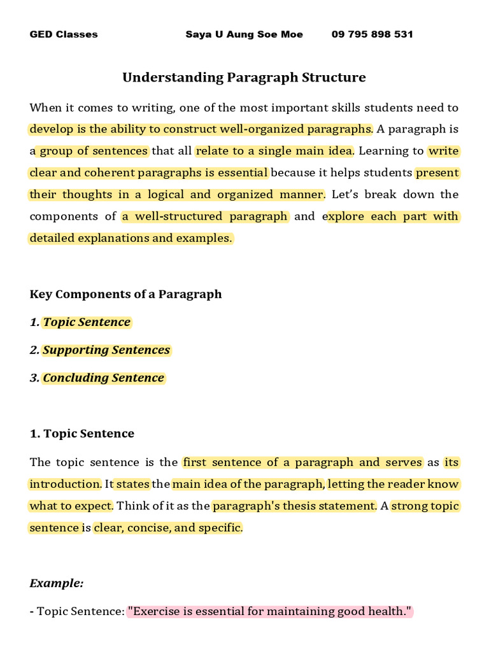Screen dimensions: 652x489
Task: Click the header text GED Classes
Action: coord(64,34)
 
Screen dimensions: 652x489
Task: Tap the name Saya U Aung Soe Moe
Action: coord(244,34)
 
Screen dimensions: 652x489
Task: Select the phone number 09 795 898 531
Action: coord(372,34)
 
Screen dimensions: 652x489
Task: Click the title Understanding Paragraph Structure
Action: coord(244,78)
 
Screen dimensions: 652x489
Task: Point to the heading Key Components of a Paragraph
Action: coord(125,294)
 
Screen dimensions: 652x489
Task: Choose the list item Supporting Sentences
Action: coord(106,350)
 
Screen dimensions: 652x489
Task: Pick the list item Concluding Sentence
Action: coord(103,378)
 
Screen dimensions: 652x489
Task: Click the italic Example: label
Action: coord(57,583)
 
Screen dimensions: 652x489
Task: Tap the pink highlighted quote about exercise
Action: coord(269,612)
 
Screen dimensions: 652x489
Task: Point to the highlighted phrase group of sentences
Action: coord(94,152)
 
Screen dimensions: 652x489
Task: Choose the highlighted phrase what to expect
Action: coord(71,506)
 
